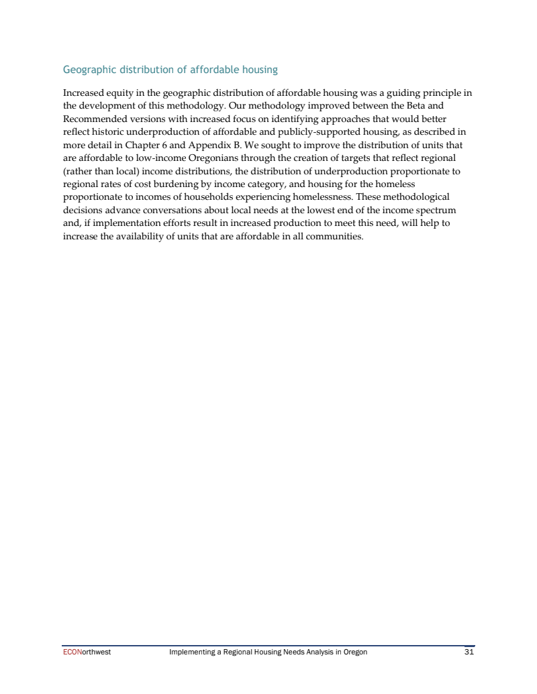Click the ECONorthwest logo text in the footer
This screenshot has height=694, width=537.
pyautogui.click(x=87, y=652)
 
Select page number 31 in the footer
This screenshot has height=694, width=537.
pyautogui.click(x=469, y=652)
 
